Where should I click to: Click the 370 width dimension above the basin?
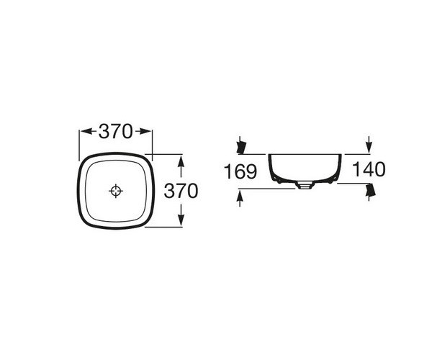[x=116, y=131]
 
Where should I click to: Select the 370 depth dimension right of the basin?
[x=180, y=191]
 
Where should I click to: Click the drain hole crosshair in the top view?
[x=116, y=191]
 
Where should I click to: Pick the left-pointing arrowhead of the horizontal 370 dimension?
[x=83, y=131]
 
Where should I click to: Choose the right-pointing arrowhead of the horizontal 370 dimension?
[x=148, y=131]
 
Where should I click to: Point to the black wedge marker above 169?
[x=242, y=146]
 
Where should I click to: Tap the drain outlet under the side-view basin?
[x=304, y=186]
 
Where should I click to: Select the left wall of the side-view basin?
[x=272, y=167]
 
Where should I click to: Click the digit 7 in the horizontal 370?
[x=116, y=131]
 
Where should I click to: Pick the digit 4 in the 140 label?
[x=371, y=170]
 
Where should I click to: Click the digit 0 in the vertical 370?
[x=192, y=191]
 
